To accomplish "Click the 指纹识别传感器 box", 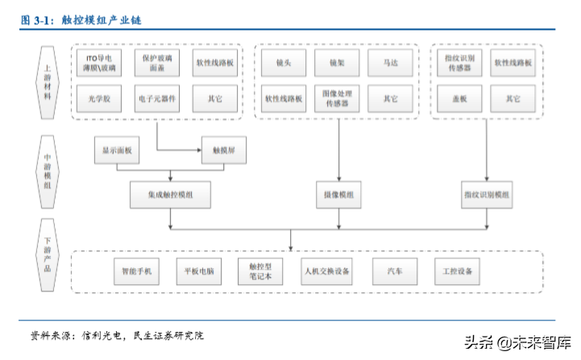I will (459, 63).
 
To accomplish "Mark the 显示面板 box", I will (116, 150).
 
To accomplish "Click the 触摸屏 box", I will (223, 150).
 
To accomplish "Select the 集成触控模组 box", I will (170, 195).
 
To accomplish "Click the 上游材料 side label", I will (47, 84).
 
